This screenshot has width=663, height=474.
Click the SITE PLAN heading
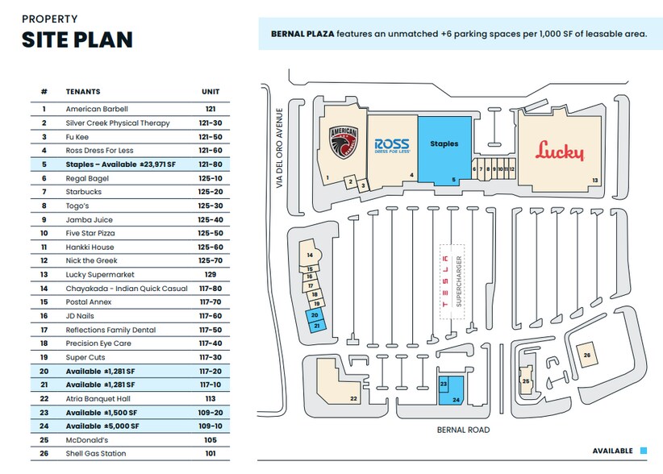(77, 39)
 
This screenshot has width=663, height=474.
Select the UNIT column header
(210, 92)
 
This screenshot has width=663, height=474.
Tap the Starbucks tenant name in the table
(84, 192)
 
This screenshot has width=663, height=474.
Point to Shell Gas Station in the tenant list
(95, 454)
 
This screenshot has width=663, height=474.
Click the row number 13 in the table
(44, 275)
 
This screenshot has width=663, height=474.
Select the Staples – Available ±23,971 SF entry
(119, 164)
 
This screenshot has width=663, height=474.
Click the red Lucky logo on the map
(559, 150)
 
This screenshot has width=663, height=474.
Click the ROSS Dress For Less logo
(392, 145)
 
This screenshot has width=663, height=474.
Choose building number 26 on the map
(586, 355)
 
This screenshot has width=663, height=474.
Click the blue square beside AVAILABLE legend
(644, 451)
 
